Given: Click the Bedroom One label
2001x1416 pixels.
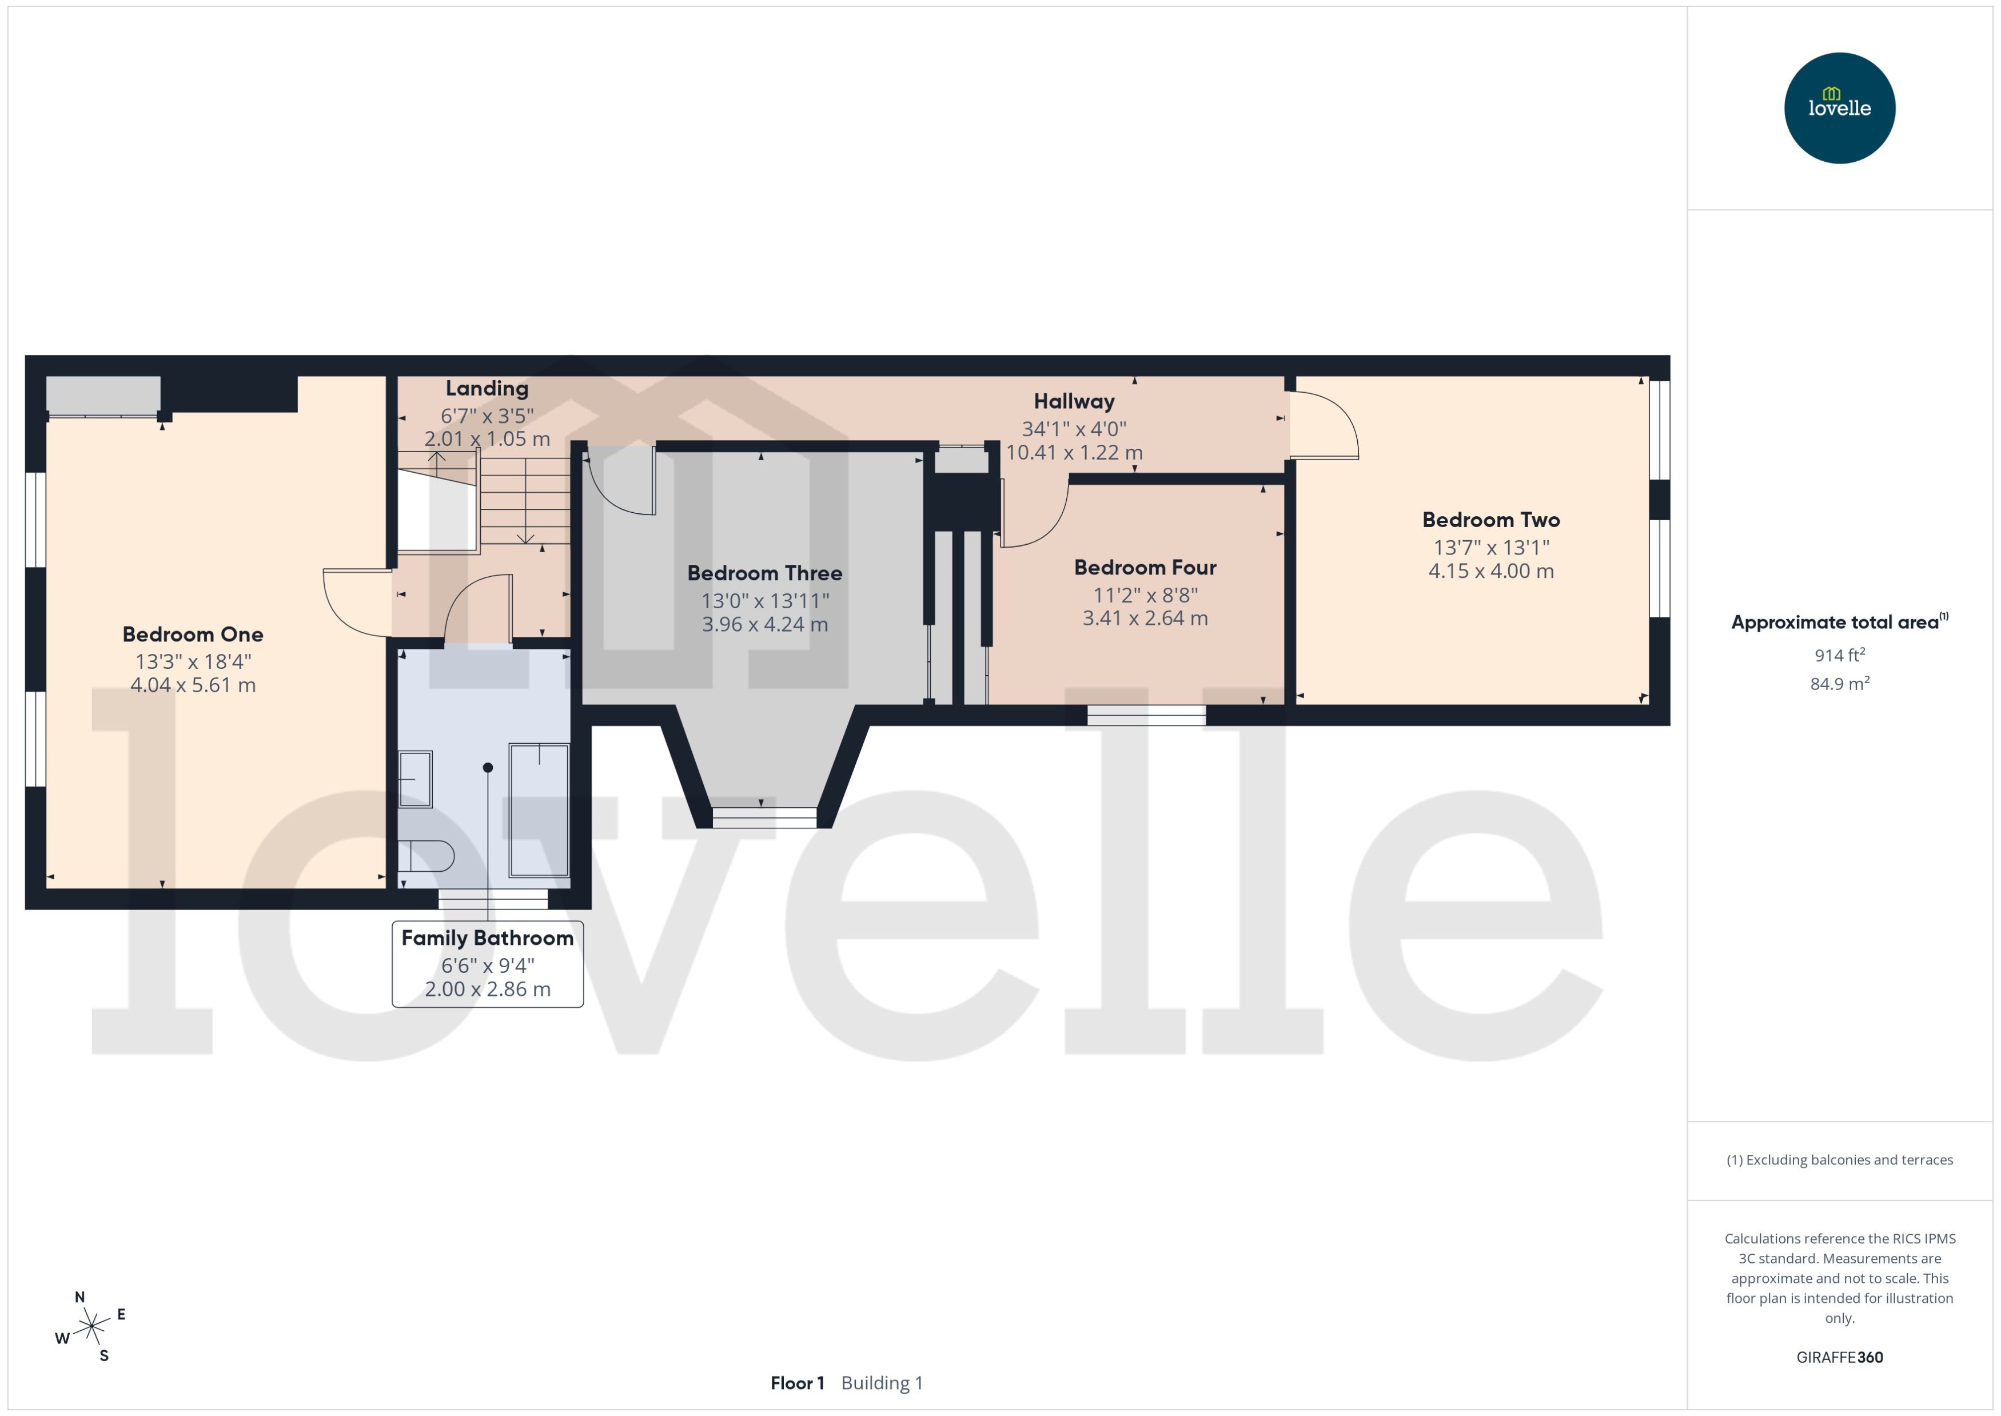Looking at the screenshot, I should coord(193,635).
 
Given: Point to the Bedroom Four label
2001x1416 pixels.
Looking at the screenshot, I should coord(1145,568).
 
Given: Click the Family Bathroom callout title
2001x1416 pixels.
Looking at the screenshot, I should coord(488,938).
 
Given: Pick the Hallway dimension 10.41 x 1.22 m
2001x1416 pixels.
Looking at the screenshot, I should coord(1074,453).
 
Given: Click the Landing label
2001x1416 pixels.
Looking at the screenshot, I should coord(487,389).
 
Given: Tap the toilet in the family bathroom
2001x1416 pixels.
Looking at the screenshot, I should coord(425,856).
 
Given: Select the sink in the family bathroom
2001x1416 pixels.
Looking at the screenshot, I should coord(415,779).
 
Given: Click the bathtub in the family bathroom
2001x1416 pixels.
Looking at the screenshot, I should coord(539,809).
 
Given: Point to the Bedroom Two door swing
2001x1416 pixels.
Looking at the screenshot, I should coord(1324,425).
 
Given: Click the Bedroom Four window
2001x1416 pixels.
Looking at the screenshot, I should coord(1146,715).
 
